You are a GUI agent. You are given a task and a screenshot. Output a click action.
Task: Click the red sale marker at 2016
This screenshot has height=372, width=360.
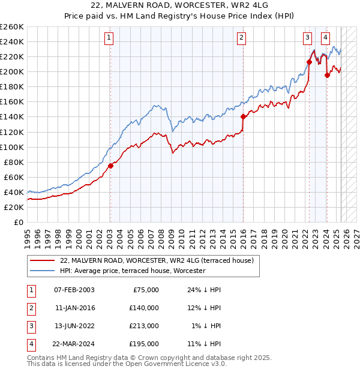243,116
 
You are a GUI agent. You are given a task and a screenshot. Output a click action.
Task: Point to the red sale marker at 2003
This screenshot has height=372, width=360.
110,166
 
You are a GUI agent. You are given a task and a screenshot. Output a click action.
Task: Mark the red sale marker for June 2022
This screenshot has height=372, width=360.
309,62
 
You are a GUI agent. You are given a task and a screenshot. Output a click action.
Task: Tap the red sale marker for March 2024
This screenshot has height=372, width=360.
327,75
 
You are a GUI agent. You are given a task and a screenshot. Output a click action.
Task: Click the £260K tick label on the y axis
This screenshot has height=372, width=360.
12,27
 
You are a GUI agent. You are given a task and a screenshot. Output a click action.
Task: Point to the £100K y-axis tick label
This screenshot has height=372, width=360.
12,147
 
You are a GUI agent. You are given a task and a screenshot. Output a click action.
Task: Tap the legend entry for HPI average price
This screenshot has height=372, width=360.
133,271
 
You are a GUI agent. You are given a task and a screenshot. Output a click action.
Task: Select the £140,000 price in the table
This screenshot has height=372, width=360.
144,308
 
